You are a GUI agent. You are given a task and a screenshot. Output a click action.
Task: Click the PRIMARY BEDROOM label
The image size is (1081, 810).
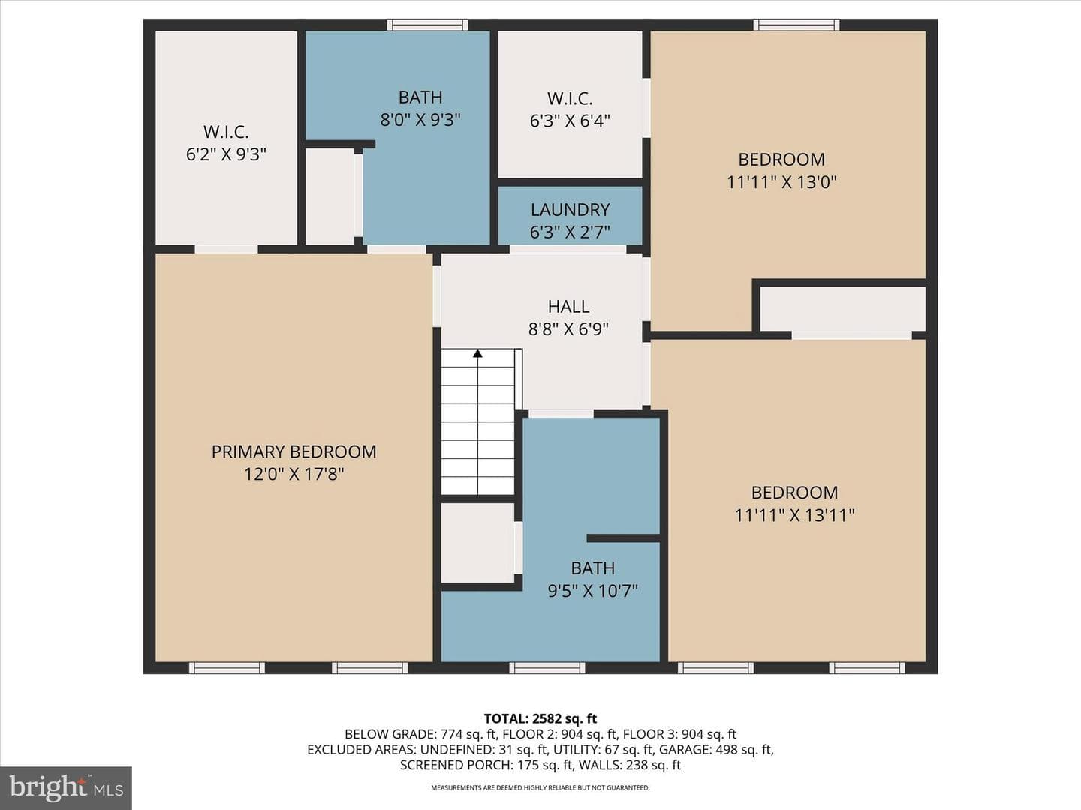tap(294, 451)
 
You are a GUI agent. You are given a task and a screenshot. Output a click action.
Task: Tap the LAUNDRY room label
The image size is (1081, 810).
tap(570, 210)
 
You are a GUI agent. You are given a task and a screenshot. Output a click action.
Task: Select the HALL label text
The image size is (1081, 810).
tap(568, 307)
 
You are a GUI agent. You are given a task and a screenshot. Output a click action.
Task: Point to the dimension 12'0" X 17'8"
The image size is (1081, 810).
tap(294, 474)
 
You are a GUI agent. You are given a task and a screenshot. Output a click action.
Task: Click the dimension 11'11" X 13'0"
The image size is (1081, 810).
tap(781, 182)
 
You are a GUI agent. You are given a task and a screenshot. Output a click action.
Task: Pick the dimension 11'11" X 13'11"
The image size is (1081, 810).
tap(794, 515)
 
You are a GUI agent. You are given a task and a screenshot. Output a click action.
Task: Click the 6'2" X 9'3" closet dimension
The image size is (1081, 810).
tap(226, 154)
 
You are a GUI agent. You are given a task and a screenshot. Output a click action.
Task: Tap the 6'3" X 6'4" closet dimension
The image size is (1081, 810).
tap(570, 121)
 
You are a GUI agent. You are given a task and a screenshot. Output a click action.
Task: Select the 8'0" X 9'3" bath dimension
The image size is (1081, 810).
tap(420, 119)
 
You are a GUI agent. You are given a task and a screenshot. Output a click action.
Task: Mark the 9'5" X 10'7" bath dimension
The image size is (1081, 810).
tap(593, 591)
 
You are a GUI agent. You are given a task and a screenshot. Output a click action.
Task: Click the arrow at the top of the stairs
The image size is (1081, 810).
tap(477, 353)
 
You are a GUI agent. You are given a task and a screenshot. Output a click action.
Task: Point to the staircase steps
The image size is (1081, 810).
tap(477, 422)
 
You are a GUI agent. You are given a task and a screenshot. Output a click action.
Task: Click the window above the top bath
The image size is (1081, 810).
tap(427, 25)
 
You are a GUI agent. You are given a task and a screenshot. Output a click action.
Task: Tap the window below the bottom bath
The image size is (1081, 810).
tap(547, 667)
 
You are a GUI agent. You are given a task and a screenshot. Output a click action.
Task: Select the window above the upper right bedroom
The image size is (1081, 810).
tap(796, 25)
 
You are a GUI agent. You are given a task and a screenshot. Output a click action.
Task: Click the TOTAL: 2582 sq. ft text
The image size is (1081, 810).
tap(540, 719)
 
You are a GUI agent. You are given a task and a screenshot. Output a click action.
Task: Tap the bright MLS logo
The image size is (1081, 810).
tap(66, 787)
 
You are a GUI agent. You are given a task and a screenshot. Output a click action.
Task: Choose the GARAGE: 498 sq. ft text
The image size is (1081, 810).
tap(717, 749)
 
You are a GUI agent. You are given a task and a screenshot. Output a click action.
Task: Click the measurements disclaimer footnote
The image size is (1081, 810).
tap(540, 787)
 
